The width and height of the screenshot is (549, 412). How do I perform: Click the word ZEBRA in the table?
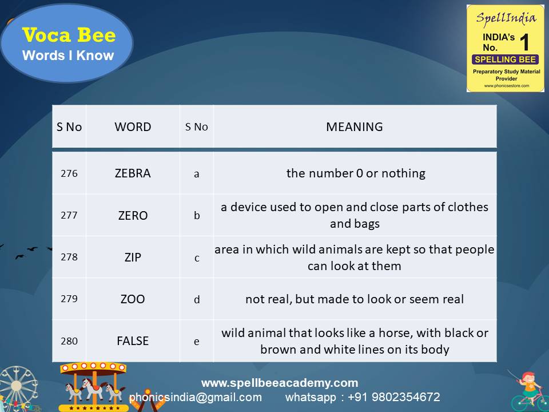[133, 173]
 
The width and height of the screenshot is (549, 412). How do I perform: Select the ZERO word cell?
[133, 216]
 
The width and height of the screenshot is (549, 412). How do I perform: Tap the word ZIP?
[133, 257]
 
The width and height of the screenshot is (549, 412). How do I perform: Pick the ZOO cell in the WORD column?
[133, 299]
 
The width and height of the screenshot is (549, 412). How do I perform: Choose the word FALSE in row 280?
[133, 341]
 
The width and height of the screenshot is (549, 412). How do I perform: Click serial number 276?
[69, 173]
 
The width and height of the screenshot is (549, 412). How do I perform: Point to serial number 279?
[69, 299]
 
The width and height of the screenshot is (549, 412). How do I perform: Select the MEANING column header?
[355, 127]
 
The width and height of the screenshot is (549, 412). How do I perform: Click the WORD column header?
[133, 127]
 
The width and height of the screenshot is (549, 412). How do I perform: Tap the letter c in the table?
[197, 258]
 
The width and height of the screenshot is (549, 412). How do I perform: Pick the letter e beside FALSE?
[197, 342]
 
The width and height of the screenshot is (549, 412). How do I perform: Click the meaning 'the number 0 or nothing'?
[356, 173]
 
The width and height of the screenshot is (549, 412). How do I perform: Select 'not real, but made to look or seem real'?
[355, 299]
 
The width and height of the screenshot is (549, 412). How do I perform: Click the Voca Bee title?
[69, 35]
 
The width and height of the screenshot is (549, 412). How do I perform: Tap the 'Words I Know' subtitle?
[68, 56]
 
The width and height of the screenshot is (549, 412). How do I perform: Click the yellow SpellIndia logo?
[505, 48]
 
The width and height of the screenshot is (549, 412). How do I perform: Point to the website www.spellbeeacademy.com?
[280, 383]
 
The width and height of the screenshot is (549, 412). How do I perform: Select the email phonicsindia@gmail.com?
[196, 397]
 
